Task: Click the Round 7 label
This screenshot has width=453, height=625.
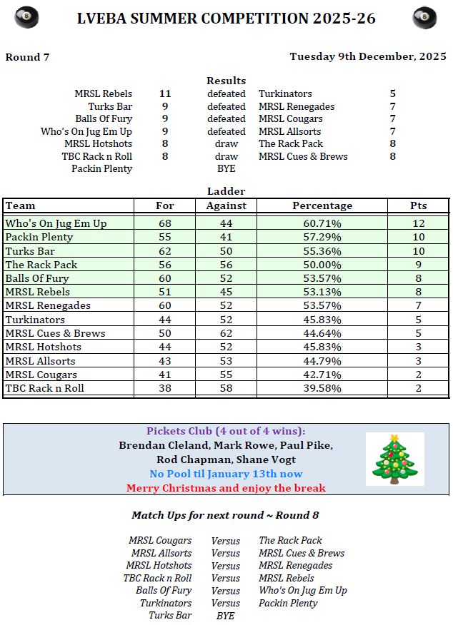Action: [x=27, y=57]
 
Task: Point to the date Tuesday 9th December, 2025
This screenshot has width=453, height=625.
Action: [x=368, y=56]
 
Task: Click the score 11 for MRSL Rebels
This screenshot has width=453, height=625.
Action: [x=165, y=93]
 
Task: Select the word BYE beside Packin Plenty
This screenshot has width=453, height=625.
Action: [x=226, y=169]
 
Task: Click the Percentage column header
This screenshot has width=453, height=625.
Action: [x=322, y=205]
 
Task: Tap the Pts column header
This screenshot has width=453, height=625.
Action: [x=418, y=205]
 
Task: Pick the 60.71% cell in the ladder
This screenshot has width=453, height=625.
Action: [x=322, y=223]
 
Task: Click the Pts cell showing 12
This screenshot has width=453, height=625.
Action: [x=418, y=223]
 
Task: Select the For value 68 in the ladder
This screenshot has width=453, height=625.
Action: [x=165, y=223]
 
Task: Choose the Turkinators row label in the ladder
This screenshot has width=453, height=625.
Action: [x=35, y=320]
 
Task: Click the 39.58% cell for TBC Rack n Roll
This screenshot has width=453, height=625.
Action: [x=322, y=389]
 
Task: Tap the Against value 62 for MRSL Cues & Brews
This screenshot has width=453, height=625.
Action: [x=226, y=333]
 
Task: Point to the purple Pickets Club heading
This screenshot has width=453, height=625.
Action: [x=226, y=431]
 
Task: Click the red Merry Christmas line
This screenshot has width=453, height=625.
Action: [x=226, y=488]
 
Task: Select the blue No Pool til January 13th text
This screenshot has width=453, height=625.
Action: [x=226, y=474]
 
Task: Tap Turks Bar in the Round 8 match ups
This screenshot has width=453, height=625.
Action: [x=170, y=616]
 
